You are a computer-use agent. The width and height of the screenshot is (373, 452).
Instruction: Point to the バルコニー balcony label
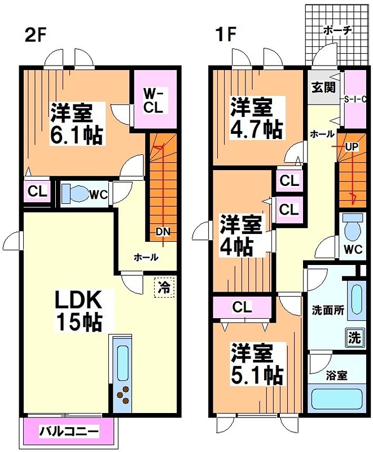coord(69,432)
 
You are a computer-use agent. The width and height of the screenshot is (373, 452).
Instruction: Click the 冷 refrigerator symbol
coord(164,286)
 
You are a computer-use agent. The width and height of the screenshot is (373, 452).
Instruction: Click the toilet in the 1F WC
coord(353,228)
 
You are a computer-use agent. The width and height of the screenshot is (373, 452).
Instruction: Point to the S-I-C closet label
coord(353,99)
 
